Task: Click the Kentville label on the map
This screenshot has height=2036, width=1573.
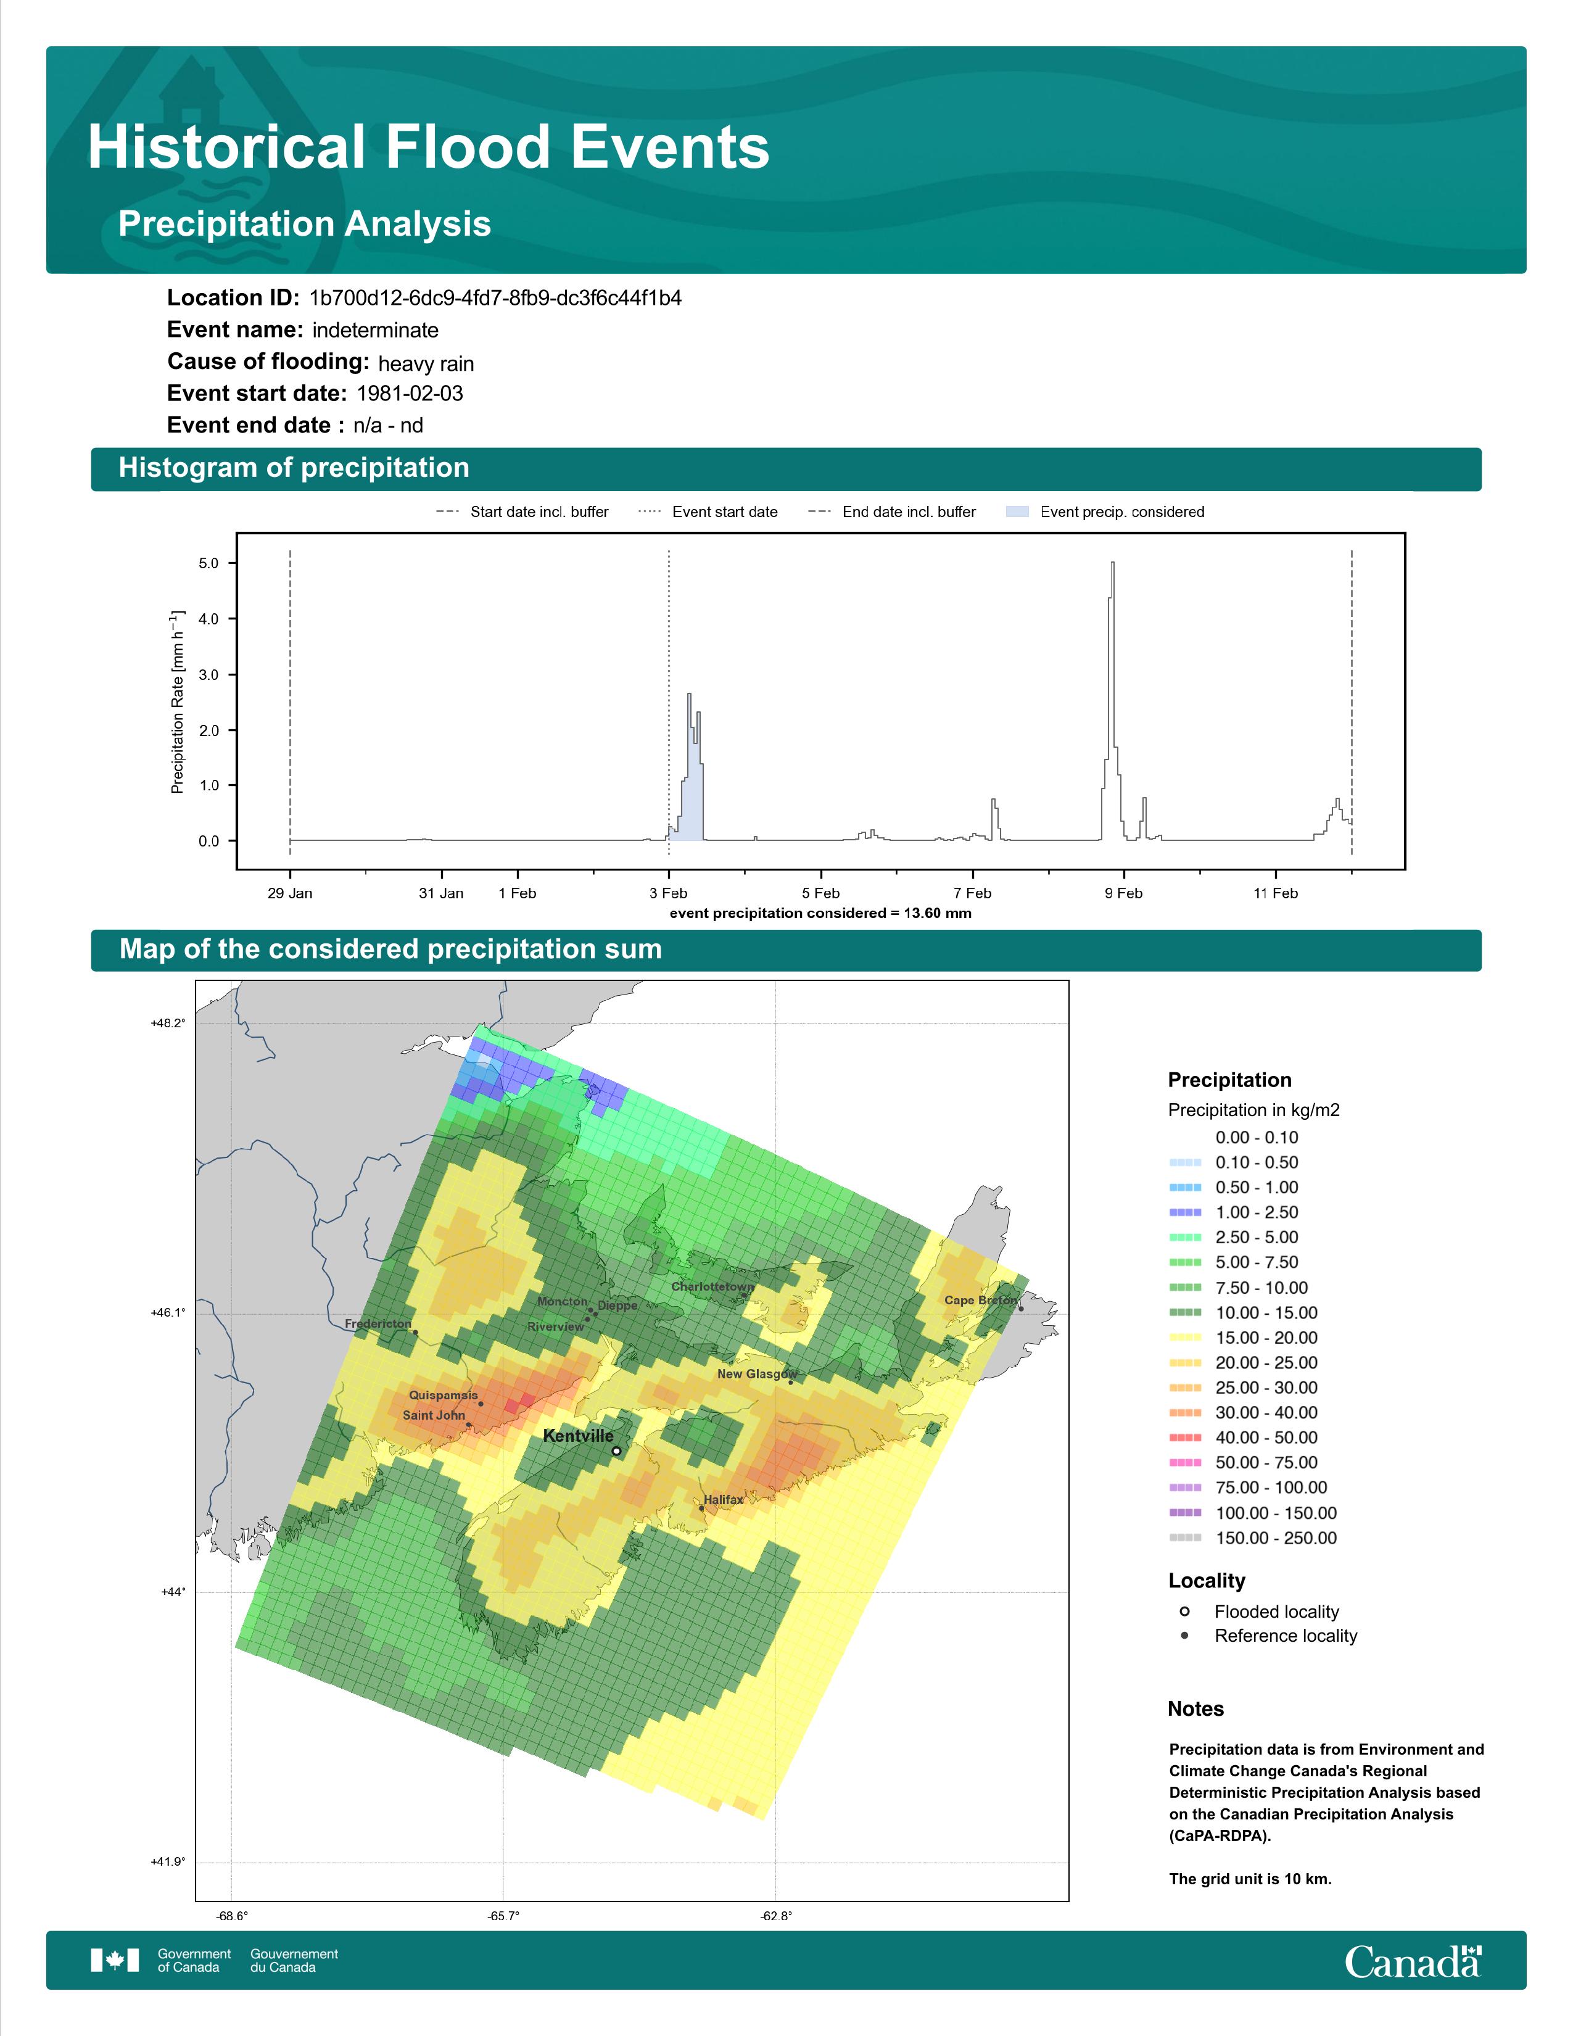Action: (578, 1436)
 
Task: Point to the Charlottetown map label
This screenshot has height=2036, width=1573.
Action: (712, 1286)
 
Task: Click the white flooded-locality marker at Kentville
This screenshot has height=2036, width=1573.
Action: (616, 1450)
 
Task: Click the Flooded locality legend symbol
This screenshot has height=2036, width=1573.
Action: (1184, 1611)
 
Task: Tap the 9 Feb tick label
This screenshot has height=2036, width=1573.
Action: (1123, 893)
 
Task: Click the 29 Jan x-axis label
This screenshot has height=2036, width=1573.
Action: (290, 893)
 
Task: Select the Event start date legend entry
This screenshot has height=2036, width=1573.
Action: (708, 512)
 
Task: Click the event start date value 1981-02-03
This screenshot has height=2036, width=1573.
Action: (410, 394)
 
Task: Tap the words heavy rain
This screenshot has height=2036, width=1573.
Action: (426, 363)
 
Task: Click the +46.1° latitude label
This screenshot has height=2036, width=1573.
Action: (168, 1312)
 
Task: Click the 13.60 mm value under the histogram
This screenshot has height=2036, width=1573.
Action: (938, 912)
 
